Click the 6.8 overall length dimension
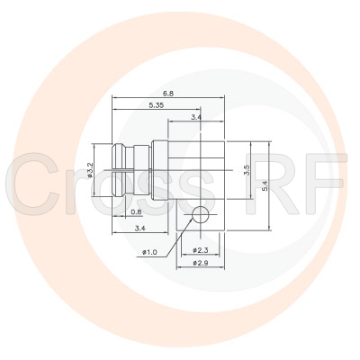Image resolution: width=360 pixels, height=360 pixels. [x=168, y=93]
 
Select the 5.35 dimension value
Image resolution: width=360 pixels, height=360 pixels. [x=156, y=104]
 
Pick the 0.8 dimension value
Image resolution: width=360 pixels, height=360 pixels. [x=136, y=212]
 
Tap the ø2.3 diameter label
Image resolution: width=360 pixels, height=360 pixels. [x=201, y=249]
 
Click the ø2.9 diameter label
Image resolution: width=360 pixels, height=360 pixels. [x=201, y=262]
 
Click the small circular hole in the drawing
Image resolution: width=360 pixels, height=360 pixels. [x=202, y=214]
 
